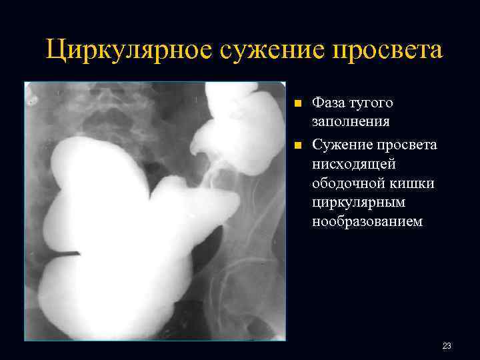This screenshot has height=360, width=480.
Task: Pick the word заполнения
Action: pos(351,123)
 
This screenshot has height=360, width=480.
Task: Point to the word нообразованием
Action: pos(367,221)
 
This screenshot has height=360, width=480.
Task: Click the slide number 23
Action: pos(447,346)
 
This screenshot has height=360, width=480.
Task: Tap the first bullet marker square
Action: pos(298,104)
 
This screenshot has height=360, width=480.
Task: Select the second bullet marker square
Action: pos(298,143)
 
